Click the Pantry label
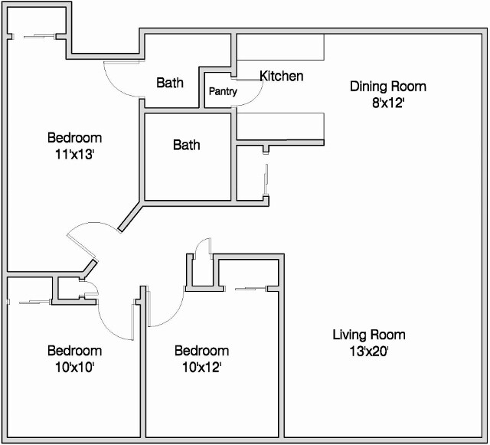point(223,92)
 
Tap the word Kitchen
point(281,76)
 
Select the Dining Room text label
point(387,87)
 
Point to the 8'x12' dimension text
point(387,103)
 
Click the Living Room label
point(368,335)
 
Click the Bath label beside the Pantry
point(170,82)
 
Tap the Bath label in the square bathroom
point(186,144)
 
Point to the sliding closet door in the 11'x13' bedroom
point(37,34)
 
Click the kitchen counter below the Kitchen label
point(280,126)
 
